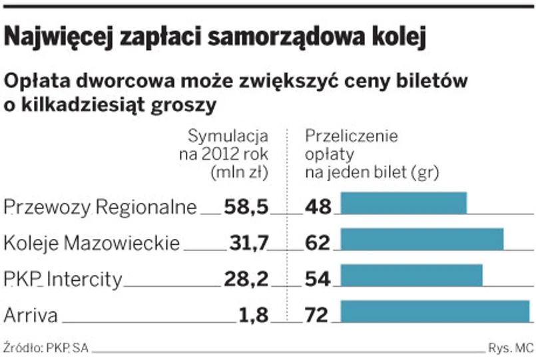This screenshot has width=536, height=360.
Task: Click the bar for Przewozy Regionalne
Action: pos(403,203)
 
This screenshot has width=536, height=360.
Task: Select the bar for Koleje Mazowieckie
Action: pos(421,239)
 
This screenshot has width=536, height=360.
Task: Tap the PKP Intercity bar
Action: pos(411,275)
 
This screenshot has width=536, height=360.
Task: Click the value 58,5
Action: pos(246,207)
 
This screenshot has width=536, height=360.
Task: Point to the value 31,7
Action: pos(247,243)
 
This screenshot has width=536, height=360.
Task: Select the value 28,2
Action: pos(246,279)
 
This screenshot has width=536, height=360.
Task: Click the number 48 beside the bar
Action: pos(318,207)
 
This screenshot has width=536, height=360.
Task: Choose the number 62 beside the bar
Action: pos(318,243)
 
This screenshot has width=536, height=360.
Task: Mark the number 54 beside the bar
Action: pos(318,279)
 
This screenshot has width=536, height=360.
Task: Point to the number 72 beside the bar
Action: pos(318,315)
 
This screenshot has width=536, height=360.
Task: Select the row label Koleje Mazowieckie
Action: pos(91,243)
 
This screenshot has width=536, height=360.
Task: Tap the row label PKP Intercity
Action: pos(63,279)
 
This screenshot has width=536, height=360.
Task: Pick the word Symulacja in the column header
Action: pos(228,137)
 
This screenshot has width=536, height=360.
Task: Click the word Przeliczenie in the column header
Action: pos(351,137)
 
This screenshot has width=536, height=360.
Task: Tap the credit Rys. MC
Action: pos(511,347)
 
